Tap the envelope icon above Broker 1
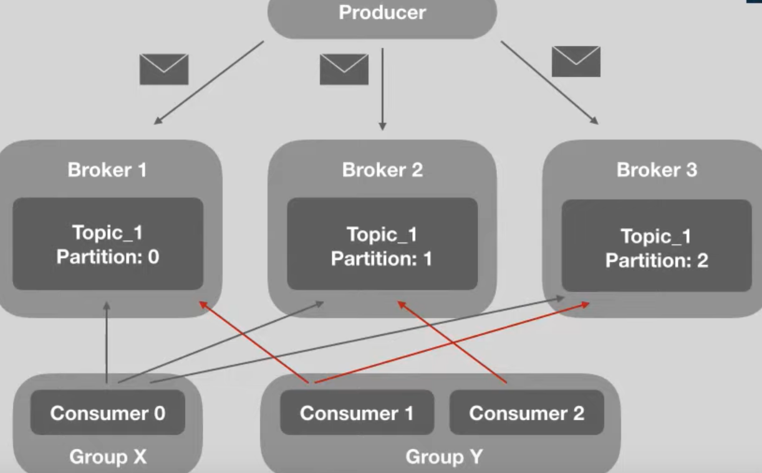click(x=164, y=69)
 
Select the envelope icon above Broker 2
click(x=344, y=69)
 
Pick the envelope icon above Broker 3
click(x=576, y=62)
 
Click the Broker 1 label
click(x=107, y=170)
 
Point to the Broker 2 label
click(x=382, y=170)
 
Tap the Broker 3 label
click(x=657, y=170)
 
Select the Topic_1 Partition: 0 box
click(x=108, y=244)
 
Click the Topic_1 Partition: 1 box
click(x=382, y=246)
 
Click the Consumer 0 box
click(x=108, y=413)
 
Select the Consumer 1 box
click(x=357, y=413)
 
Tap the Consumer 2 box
click(x=526, y=413)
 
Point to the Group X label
click(x=108, y=457)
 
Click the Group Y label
click(x=444, y=457)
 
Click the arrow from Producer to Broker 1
click(x=209, y=83)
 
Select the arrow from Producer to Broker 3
click(x=549, y=83)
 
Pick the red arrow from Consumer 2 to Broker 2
click(x=452, y=342)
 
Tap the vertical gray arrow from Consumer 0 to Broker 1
click(x=107, y=343)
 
